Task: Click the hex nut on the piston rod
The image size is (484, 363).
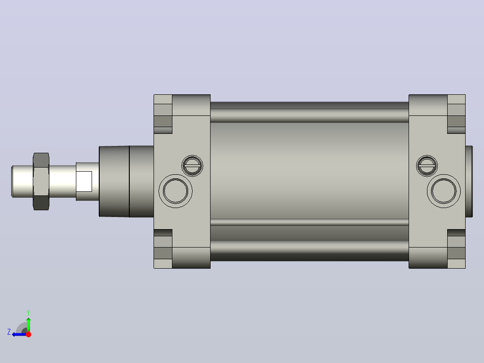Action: tap(41, 181)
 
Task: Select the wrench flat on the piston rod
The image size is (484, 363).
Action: tap(84, 181)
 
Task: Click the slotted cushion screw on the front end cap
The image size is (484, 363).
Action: tap(192, 166)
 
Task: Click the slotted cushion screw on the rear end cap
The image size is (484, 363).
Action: tap(427, 166)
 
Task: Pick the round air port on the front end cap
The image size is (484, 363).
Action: tap(175, 191)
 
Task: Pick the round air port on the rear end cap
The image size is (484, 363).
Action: tap(444, 191)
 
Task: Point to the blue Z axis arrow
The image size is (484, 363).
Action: tap(19, 334)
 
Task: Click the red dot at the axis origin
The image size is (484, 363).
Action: tap(28, 334)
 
